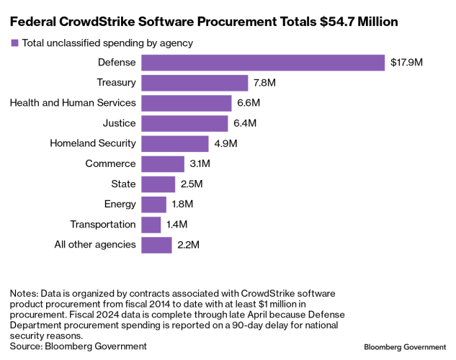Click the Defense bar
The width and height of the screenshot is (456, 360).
(x=263, y=63)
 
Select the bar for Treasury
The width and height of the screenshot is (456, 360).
(x=195, y=83)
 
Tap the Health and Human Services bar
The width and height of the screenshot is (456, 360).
(x=186, y=103)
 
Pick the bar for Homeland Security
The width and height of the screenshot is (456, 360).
(x=175, y=143)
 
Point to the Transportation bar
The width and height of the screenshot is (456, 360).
(x=151, y=225)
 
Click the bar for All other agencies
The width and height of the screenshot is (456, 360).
(x=156, y=245)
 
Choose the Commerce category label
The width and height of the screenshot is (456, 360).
(x=110, y=163)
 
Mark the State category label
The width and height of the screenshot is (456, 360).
(x=122, y=184)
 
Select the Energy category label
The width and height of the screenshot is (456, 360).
(x=120, y=204)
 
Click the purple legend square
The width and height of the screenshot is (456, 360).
(x=14, y=43)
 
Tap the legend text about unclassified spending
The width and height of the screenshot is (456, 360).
(x=107, y=43)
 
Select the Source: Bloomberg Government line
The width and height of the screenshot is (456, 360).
(x=78, y=346)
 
